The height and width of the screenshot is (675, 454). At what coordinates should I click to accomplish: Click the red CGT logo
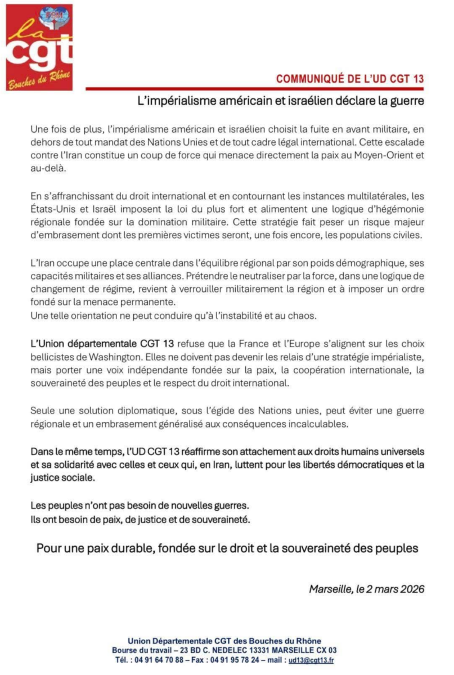(39, 47)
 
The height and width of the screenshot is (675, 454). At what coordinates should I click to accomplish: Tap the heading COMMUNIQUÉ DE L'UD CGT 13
(349, 79)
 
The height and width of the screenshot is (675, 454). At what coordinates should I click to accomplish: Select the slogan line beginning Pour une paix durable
(227, 548)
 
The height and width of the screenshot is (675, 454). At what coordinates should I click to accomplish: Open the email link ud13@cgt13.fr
(311, 660)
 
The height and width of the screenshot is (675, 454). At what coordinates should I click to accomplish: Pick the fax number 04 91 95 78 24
(234, 660)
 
